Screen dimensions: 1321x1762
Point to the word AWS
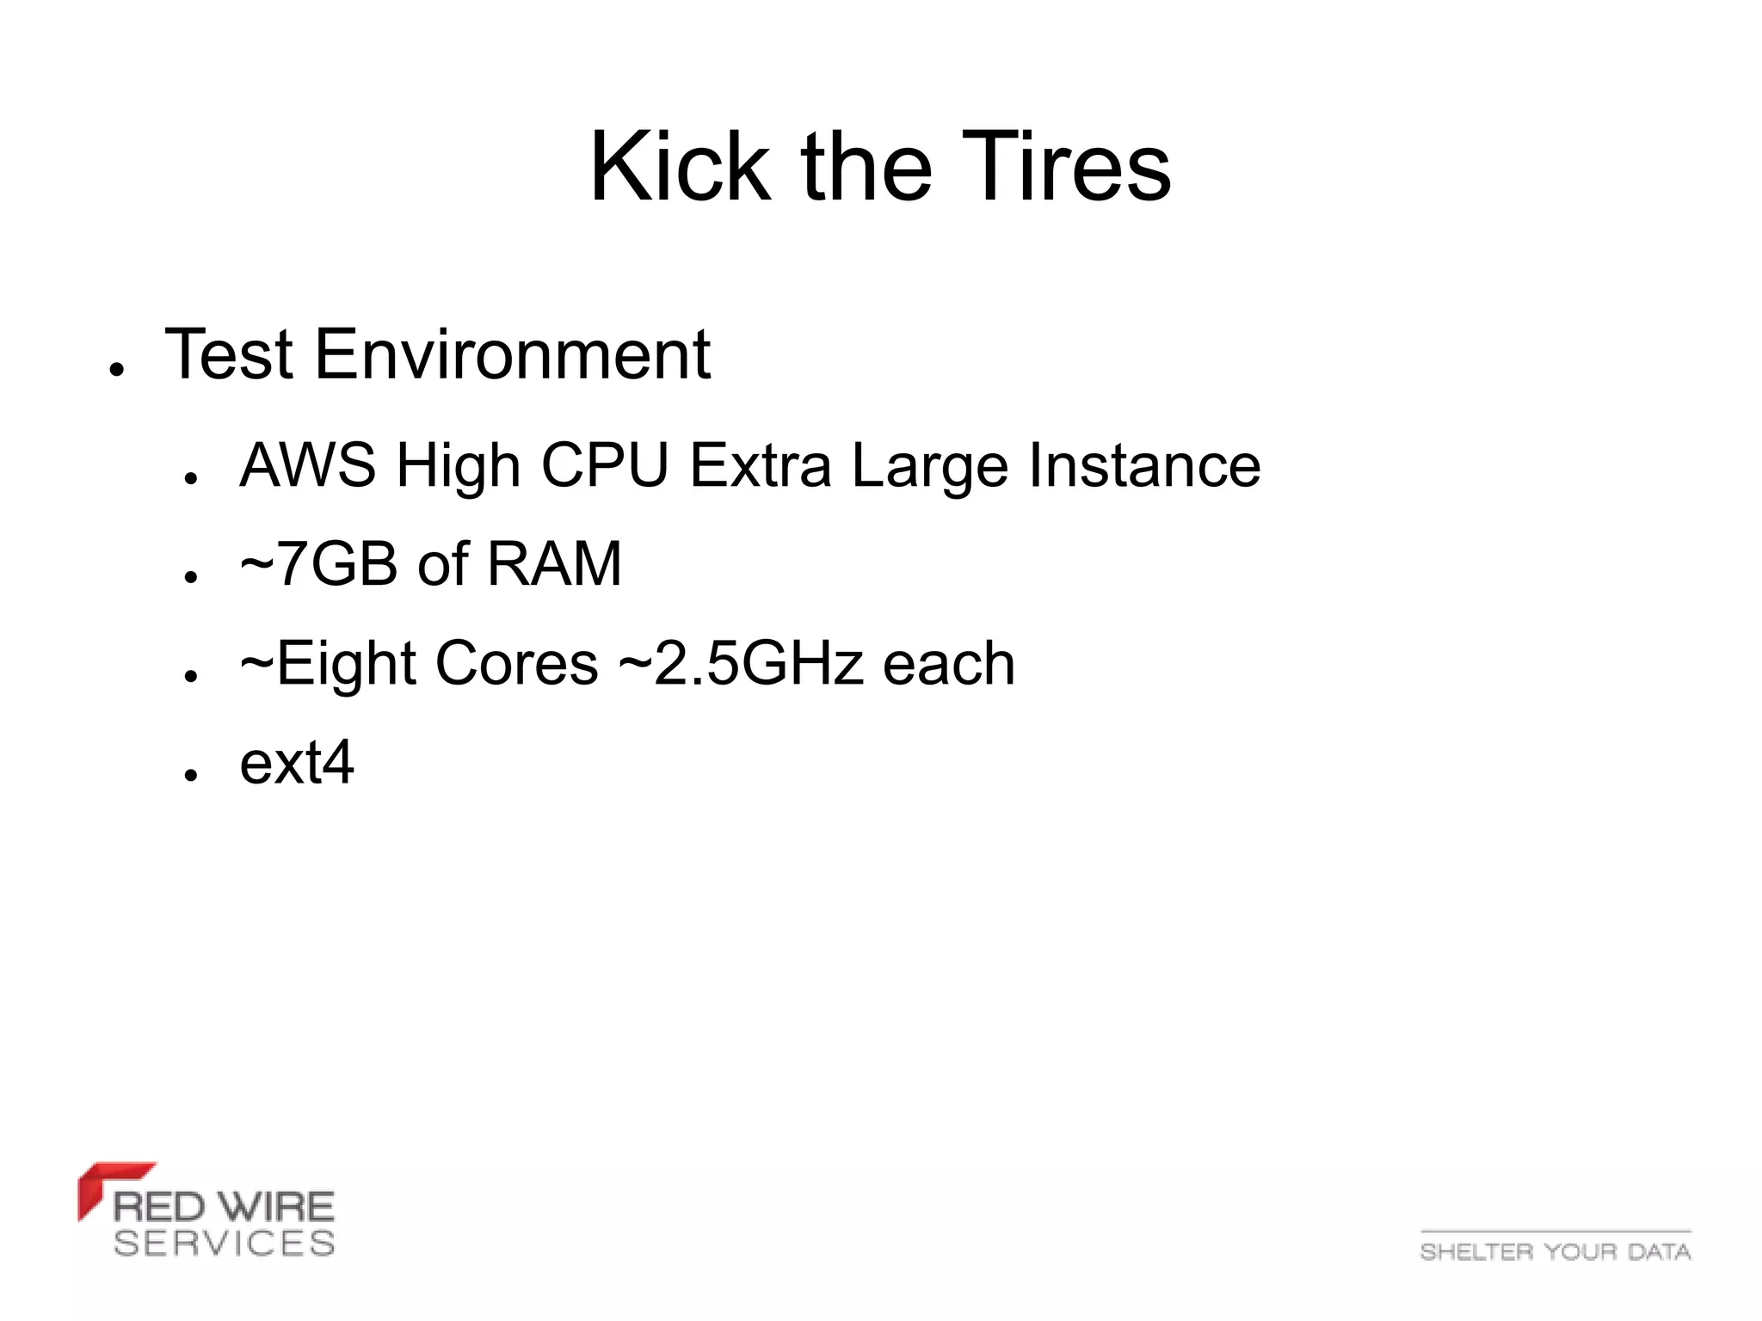(x=307, y=465)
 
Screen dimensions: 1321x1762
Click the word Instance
(x=1144, y=465)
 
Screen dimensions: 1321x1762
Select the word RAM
(x=553, y=564)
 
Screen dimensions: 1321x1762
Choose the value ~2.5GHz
(x=741, y=664)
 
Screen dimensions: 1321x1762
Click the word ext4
(x=297, y=763)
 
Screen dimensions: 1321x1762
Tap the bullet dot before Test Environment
(x=117, y=370)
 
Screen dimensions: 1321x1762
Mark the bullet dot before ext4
(x=191, y=774)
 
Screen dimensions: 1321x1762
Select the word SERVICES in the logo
(x=225, y=1243)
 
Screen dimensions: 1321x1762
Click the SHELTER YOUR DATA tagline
(x=1556, y=1251)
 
